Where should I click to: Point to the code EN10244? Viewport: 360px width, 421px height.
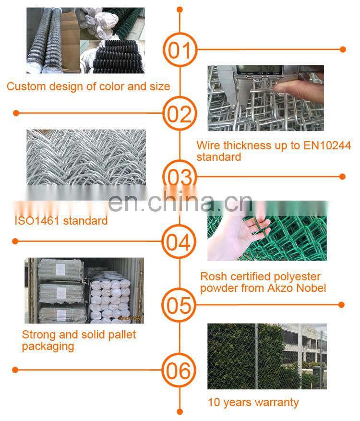click(327, 145)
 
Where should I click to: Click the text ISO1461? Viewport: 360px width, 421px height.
click(37, 221)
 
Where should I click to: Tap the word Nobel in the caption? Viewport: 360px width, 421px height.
click(311, 288)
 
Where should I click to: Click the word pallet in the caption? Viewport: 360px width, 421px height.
click(122, 335)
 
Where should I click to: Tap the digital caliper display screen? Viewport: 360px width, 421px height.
click(259, 70)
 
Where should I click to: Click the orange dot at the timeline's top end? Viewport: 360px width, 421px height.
click(180, 10)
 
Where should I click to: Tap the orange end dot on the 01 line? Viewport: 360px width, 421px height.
click(343, 49)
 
